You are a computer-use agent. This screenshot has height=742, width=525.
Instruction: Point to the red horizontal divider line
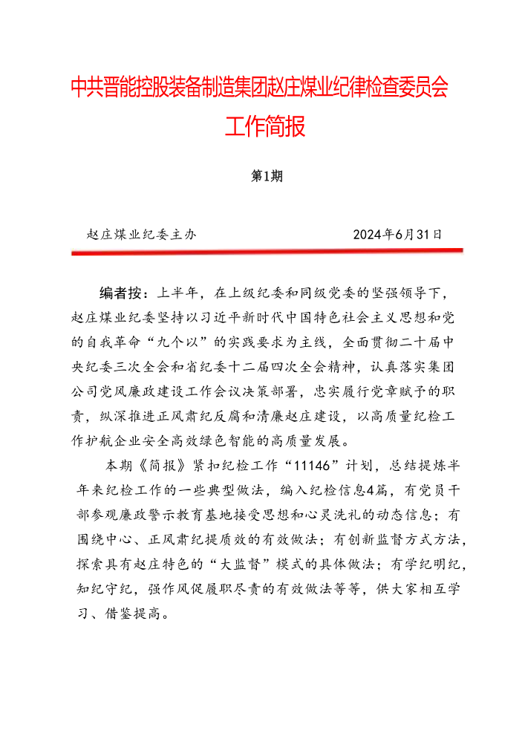click(x=267, y=252)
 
